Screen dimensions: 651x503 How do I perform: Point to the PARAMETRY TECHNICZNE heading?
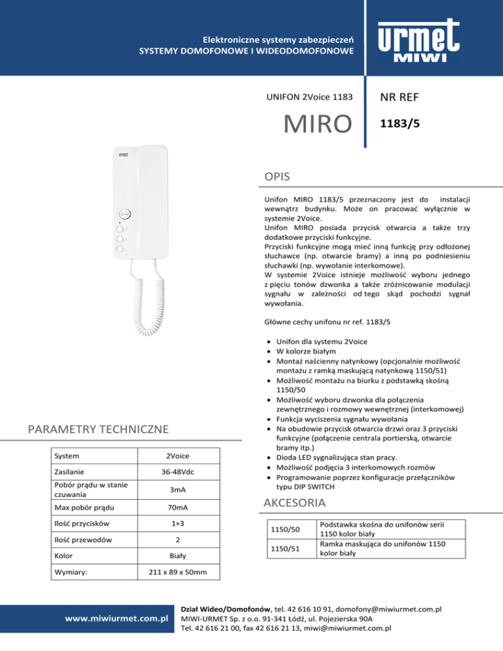click(x=96, y=429)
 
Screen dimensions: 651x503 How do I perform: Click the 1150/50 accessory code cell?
click(x=286, y=528)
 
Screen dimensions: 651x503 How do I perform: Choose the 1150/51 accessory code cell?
click(x=286, y=548)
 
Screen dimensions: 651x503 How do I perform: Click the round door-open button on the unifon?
click(x=125, y=214)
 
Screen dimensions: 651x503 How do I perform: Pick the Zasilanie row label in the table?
click(x=68, y=472)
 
